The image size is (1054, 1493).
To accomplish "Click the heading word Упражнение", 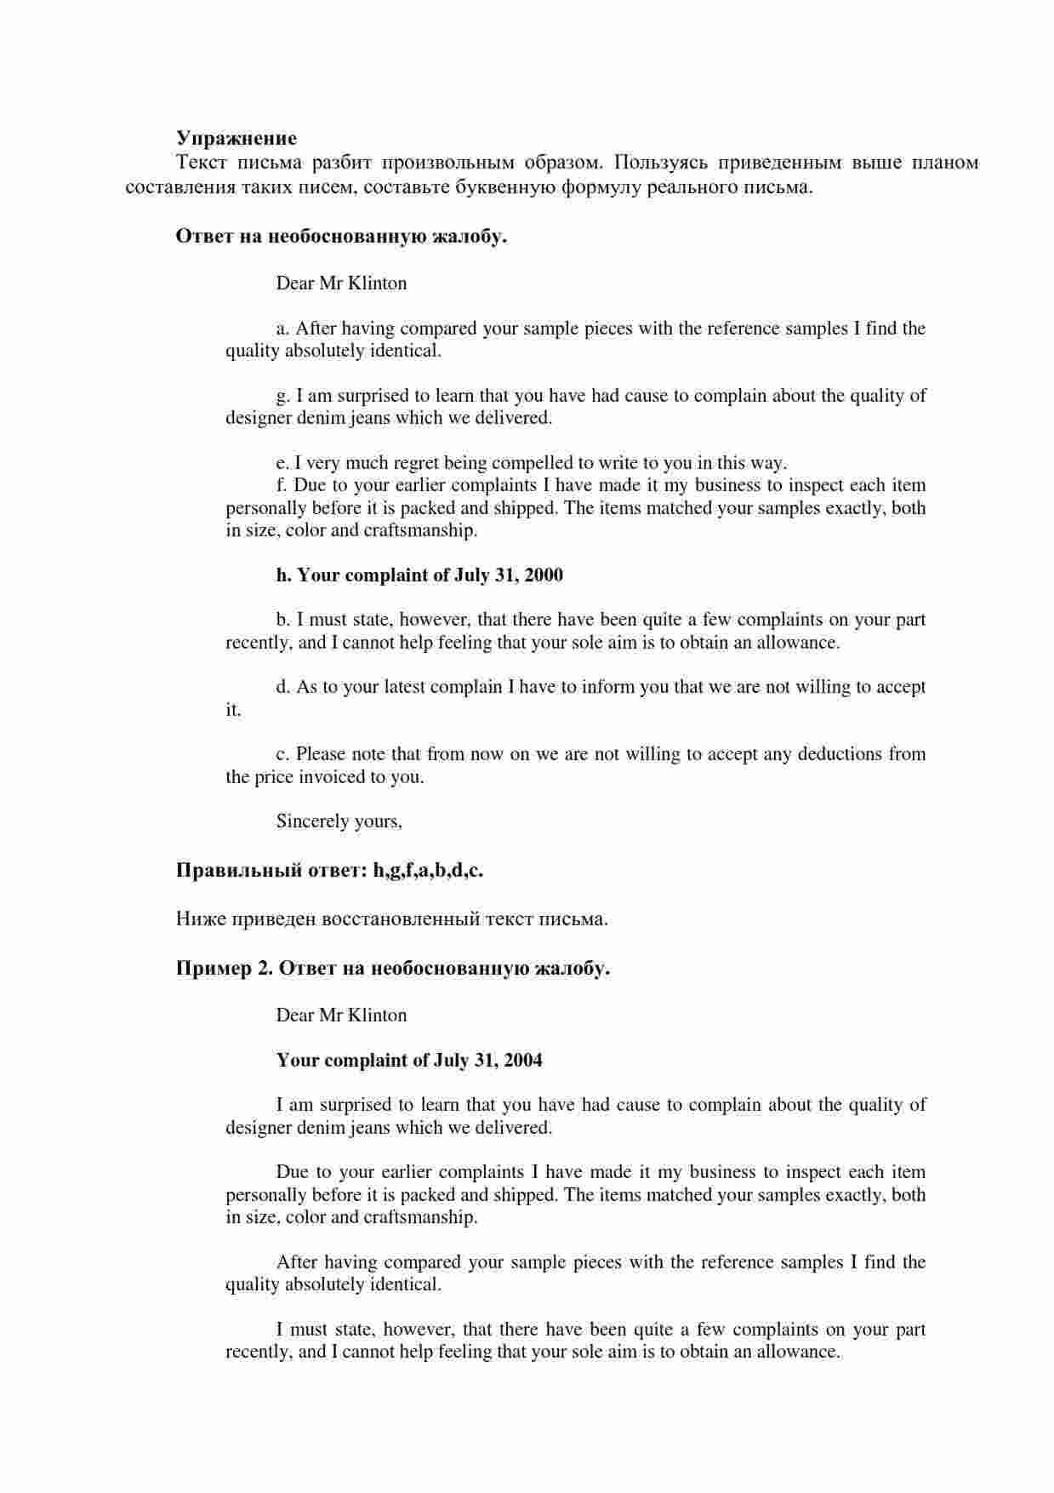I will [236, 138].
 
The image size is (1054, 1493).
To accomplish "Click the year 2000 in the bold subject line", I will [544, 575].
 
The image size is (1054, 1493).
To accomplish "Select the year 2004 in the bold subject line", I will [523, 1061].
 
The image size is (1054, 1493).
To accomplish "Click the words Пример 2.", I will [224, 969].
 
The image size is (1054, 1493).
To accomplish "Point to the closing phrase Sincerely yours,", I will [339, 821].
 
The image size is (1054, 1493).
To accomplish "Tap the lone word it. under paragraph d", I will [233, 710].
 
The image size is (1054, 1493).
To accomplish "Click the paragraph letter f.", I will [281, 485].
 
